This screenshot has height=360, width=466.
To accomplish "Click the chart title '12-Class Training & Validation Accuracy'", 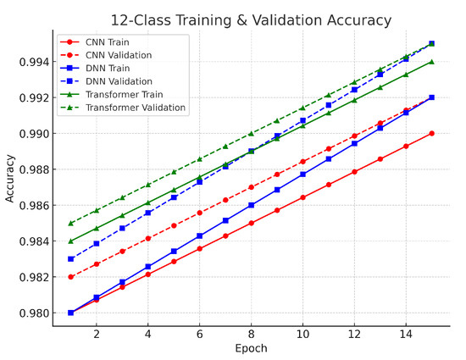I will coord(251,19).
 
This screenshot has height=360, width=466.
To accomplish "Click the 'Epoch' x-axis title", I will coord(251,348).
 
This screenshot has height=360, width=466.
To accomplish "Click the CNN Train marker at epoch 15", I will coord(432,133).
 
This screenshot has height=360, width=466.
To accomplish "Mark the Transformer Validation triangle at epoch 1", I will coord(70,223).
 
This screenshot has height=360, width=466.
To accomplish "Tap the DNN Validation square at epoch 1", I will coord(70,258).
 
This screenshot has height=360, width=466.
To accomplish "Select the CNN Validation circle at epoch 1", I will coord(70,277).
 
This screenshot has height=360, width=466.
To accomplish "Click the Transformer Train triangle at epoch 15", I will coord(432,61).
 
